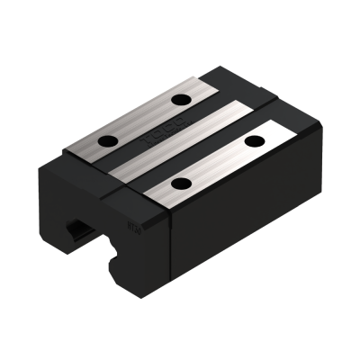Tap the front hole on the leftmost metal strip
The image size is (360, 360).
[111, 140]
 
